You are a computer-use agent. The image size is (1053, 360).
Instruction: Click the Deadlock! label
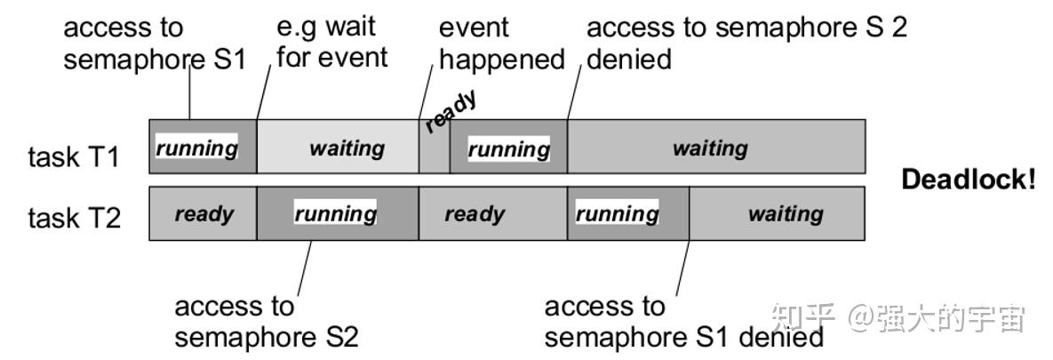(x=969, y=180)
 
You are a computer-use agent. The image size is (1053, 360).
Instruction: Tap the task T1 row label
(x=74, y=157)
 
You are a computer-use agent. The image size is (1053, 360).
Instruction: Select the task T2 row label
(x=74, y=218)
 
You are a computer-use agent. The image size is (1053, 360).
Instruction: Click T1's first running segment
(x=203, y=147)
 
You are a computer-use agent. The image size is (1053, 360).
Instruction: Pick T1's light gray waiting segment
(x=338, y=147)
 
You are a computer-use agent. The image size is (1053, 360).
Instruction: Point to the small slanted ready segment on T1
(x=435, y=147)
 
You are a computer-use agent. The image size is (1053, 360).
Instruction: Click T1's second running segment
(x=508, y=147)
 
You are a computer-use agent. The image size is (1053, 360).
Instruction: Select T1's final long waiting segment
(x=716, y=147)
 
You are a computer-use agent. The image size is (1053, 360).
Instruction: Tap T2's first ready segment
(x=203, y=213)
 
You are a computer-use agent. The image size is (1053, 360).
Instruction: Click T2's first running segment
(x=338, y=213)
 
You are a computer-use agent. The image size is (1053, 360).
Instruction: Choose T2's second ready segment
(x=493, y=213)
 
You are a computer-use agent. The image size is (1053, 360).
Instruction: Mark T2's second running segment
(x=628, y=213)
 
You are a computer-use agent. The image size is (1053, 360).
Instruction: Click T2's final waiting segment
(x=777, y=213)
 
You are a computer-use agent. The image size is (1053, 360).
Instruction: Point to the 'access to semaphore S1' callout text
(x=156, y=44)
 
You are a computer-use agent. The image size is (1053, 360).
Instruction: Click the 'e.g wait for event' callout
(x=332, y=43)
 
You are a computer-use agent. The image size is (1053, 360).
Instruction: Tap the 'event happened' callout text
(x=502, y=44)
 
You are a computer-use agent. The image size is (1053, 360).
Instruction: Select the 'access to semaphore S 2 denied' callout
(x=746, y=44)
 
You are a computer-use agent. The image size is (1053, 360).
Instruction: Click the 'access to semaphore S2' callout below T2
(x=267, y=322)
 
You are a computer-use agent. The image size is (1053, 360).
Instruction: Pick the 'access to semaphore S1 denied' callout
(x=683, y=322)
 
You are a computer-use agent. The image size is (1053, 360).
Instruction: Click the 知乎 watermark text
(x=803, y=317)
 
